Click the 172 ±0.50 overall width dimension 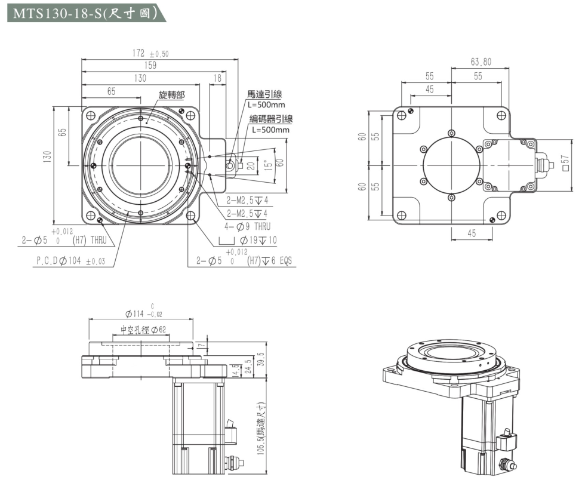pos(150,54)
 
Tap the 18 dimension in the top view pos(217,78)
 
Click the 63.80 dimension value pos(481,61)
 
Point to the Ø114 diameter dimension pos(143,313)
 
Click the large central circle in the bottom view pos(451,162)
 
